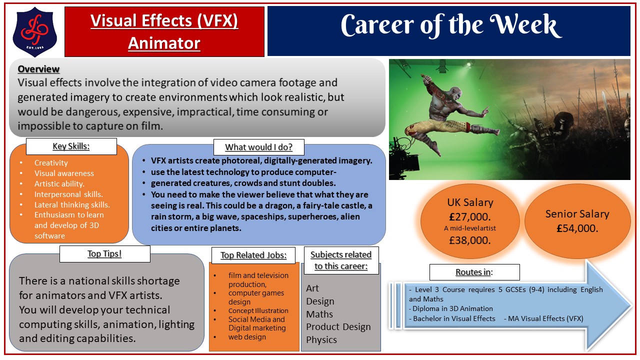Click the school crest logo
tap(34, 31)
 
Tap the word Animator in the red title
tap(164, 43)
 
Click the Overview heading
tap(38, 69)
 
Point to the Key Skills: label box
tap(71, 146)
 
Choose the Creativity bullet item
tap(51, 163)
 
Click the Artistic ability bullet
tap(59, 184)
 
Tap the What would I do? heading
tap(259, 147)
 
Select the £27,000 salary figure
tap(470, 217)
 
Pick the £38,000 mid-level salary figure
tap(470, 240)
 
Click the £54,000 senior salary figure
tap(577, 228)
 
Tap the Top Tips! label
tap(104, 253)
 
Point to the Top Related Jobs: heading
tap(253, 255)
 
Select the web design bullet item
tap(247, 337)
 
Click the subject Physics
tap(321, 340)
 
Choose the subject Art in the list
tap(312, 288)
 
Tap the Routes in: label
tap(474, 272)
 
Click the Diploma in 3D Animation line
tap(451, 309)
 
